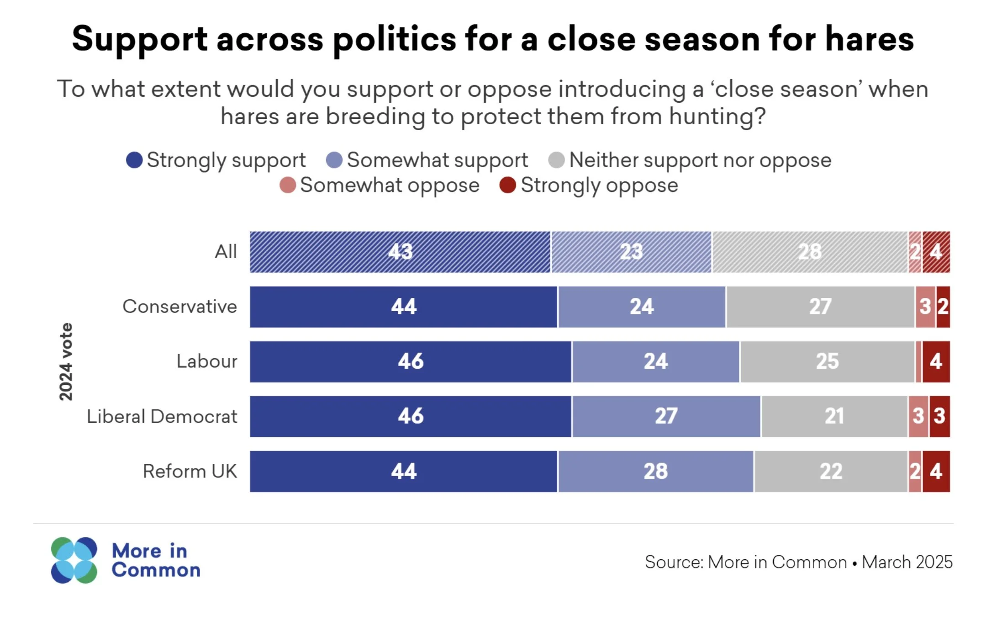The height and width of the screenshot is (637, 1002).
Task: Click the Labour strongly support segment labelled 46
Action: coord(410,361)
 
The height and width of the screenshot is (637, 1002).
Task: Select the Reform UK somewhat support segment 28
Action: coord(655,471)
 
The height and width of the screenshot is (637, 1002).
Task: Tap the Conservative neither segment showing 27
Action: coord(820,307)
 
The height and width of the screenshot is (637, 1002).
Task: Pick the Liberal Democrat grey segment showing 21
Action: coord(834,416)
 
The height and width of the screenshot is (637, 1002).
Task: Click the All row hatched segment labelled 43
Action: coord(400,252)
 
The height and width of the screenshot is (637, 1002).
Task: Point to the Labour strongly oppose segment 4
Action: coord(936,361)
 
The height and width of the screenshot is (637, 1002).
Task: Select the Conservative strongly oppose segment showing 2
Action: coord(943,307)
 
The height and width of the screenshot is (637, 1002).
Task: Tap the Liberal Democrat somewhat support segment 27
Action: coord(666,416)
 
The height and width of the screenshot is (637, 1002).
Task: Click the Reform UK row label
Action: coord(190,471)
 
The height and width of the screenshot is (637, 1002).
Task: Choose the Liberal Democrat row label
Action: coord(162,416)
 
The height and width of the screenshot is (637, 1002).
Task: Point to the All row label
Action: coord(226,252)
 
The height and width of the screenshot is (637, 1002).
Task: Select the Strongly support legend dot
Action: coord(134,160)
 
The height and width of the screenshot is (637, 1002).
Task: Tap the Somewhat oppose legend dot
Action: coord(288,185)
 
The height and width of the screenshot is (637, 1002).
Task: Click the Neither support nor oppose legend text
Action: coord(700,160)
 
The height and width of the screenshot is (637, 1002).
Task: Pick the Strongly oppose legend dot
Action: coord(508,185)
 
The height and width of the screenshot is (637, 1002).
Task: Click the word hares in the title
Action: coord(869,39)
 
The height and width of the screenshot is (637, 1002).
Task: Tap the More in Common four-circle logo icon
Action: coord(74,560)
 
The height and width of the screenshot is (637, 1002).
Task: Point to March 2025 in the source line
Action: coord(907,562)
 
